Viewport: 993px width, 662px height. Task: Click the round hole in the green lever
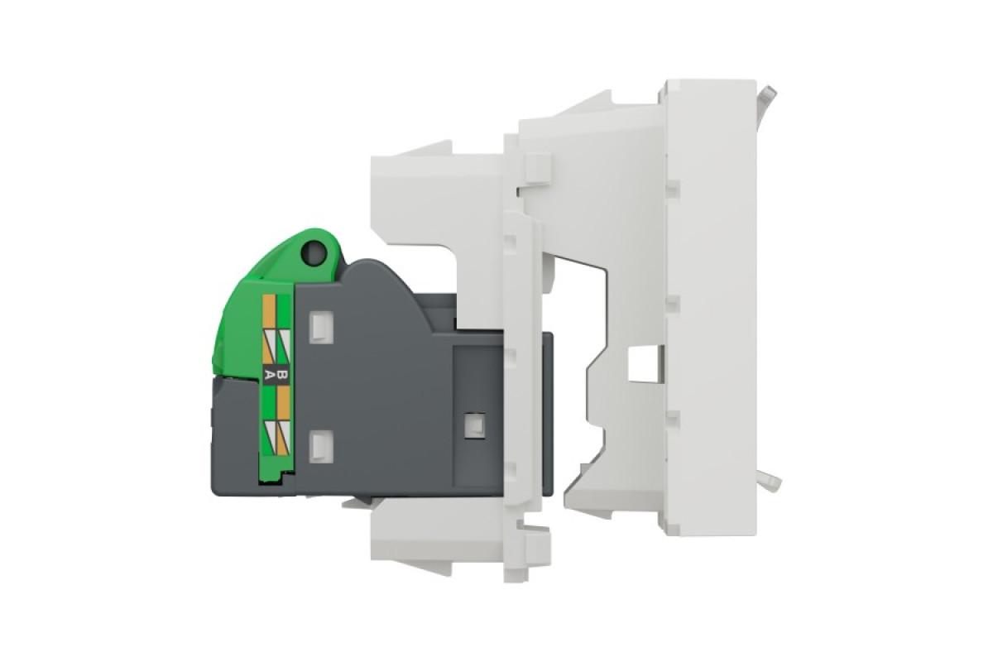[314, 253]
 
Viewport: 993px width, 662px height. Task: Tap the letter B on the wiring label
[283, 377]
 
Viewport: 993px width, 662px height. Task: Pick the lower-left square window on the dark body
[321, 446]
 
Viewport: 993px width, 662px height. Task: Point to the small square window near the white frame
[474, 425]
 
